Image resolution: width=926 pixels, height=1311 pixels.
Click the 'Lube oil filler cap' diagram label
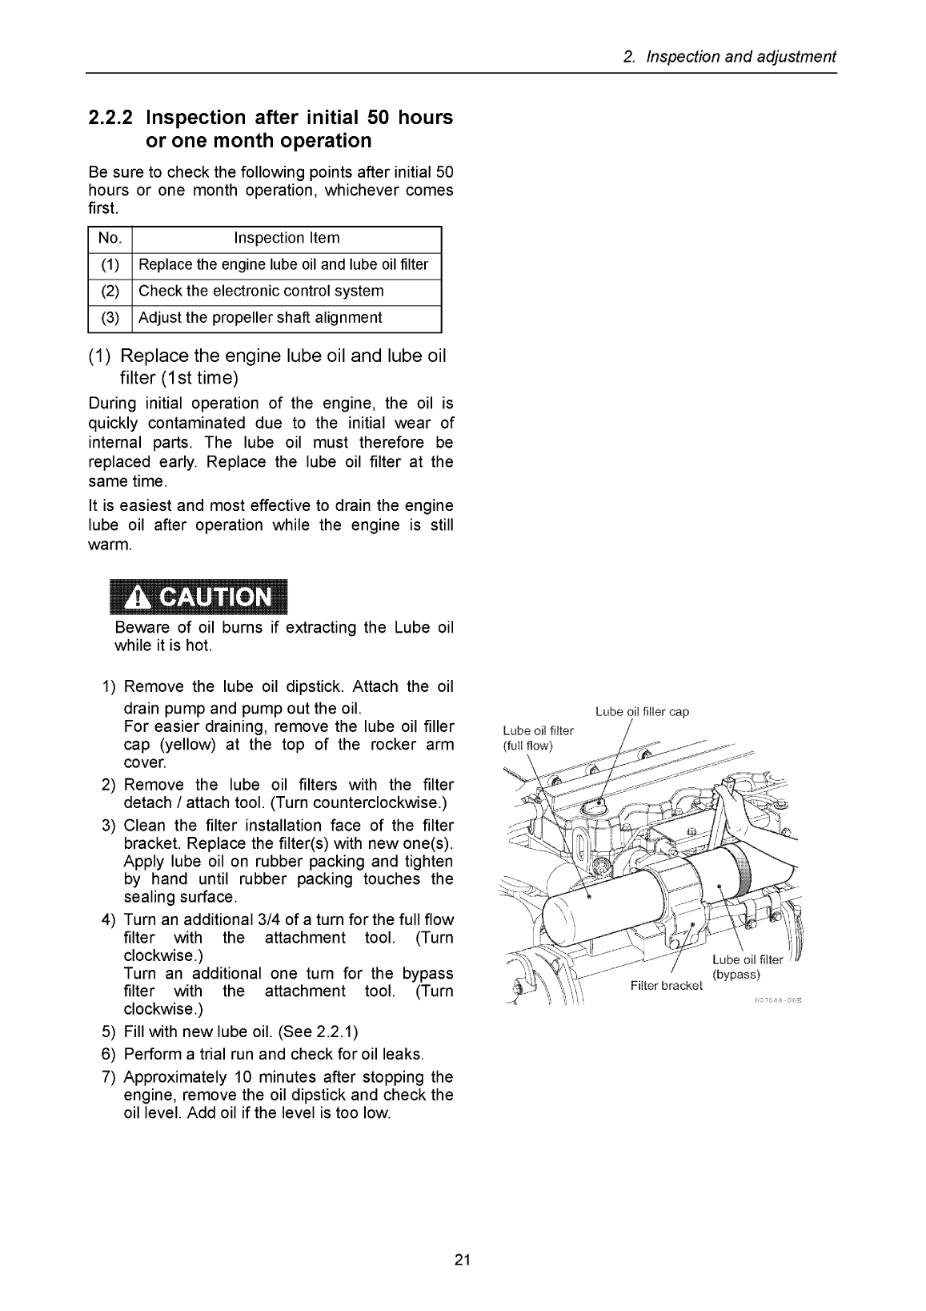click(642, 711)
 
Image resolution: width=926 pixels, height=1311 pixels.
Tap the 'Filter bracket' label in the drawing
click(666, 985)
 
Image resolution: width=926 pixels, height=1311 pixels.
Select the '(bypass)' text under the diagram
click(736, 975)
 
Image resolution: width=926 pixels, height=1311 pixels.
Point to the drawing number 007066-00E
click(777, 1001)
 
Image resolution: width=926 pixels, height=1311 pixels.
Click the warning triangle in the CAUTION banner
click(138, 597)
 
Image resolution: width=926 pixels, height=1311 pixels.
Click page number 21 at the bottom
click(463, 1261)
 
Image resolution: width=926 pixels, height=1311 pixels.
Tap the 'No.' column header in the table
click(110, 239)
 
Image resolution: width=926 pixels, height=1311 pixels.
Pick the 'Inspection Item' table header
click(287, 239)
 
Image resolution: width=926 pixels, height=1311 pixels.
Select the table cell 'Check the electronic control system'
click(261, 292)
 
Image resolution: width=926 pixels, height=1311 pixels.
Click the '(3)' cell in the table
click(110, 318)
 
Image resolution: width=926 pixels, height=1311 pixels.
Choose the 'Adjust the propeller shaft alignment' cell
click(260, 318)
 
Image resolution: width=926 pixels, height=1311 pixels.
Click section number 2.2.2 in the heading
click(111, 118)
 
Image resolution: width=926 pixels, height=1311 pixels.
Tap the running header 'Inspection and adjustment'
click(740, 57)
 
